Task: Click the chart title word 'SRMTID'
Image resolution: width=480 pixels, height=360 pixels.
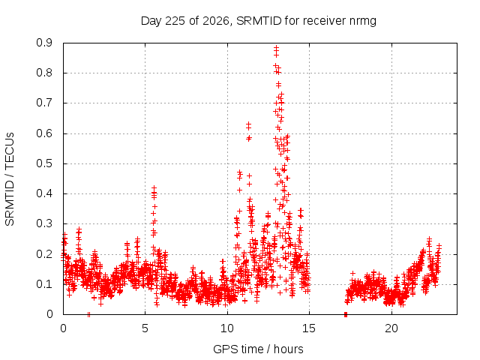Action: [x=259, y=21]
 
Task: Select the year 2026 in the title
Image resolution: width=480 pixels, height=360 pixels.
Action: [x=216, y=21]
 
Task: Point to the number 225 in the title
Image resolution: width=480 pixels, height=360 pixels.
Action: [x=175, y=21]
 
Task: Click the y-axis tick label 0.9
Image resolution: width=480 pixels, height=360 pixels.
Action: [x=44, y=43]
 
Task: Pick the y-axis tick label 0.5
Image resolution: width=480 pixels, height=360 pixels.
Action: [x=44, y=163]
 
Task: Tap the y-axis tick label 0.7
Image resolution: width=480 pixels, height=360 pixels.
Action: [x=44, y=103]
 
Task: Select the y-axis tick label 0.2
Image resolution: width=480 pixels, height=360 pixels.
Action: [x=44, y=254]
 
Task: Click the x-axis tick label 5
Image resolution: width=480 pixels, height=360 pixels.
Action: [x=145, y=328]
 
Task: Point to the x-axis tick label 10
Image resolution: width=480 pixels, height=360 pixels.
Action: [x=227, y=328]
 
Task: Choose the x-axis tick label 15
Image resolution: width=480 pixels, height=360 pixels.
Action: [x=309, y=328]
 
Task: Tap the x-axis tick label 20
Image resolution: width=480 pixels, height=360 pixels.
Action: [x=391, y=328]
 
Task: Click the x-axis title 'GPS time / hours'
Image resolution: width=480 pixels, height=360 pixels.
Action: [x=258, y=349]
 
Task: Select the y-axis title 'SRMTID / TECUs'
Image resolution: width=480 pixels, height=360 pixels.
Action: [x=10, y=179]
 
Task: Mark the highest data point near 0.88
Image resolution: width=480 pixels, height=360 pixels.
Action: [x=276, y=48]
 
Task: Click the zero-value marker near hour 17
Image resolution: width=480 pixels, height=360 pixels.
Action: [x=346, y=314]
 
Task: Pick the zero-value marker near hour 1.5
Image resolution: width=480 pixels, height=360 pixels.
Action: [x=88, y=314]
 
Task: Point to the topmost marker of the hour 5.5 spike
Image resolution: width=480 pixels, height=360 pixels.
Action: [x=154, y=187]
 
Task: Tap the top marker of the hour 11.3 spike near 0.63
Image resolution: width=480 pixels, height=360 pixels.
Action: [x=248, y=124]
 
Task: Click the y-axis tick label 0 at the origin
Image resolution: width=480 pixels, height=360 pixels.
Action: [x=49, y=314]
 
